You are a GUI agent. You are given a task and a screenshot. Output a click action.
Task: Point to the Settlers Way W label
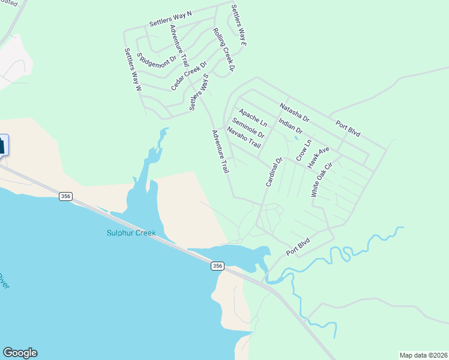[133, 69]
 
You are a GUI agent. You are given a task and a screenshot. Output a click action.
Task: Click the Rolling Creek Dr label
[223, 50]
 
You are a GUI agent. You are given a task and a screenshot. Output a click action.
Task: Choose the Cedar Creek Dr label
[188, 76]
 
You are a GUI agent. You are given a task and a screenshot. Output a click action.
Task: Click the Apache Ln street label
[252, 117]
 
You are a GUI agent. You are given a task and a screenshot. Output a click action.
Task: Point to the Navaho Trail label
[244, 137]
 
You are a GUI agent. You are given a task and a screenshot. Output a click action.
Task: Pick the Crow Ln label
[304, 150]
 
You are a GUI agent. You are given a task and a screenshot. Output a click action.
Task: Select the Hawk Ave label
[319, 157]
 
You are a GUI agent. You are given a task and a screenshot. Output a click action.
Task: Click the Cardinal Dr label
[274, 172]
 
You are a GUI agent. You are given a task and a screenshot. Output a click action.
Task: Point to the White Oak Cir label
[321, 179]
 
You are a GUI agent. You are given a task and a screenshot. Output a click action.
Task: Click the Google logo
[20, 353]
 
